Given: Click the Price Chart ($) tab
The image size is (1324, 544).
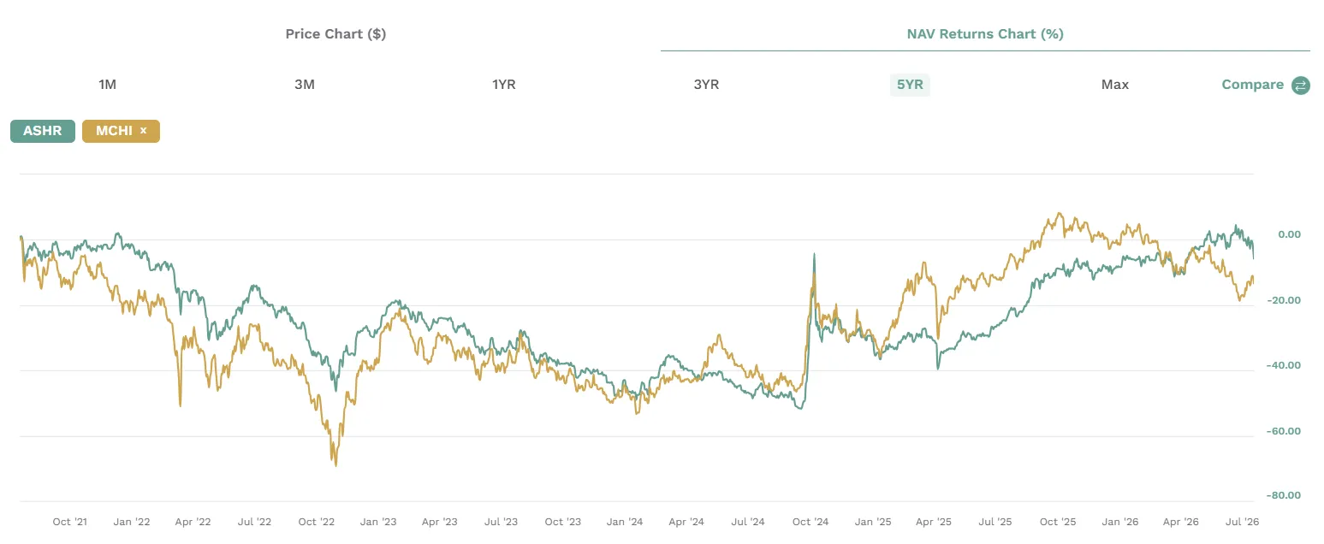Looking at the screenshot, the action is point(335,33).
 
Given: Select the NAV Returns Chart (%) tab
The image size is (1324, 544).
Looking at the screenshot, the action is point(985,33).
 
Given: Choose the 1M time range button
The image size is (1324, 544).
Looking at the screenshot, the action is point(107,85).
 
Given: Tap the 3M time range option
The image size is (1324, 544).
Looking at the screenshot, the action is point(305,85).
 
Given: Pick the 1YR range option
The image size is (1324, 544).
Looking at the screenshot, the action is point(503,85).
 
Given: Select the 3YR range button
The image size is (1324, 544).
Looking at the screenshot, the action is point(706,85).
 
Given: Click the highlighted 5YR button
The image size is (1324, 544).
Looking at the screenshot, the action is point(910,85).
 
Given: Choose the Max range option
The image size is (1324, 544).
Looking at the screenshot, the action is point(1115,85).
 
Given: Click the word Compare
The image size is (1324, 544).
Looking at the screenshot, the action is point(1252,85).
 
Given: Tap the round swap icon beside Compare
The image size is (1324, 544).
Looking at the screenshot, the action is point(1300,86).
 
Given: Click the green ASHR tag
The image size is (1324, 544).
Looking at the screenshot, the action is point(43,131).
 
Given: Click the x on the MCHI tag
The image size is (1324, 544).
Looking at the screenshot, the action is point(143,131).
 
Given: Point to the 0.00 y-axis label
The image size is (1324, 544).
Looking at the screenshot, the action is point(1289,234).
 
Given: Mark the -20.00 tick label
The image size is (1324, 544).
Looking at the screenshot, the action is point(1284,300).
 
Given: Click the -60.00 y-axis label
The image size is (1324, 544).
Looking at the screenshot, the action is point(1284,431).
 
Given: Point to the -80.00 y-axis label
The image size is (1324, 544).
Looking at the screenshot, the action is point(1284,495).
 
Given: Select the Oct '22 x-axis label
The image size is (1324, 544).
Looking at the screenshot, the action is point(316,522).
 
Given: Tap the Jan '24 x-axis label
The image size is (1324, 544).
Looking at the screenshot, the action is point(624,522).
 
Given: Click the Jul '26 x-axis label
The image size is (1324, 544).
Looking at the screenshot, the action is point(1242,522).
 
